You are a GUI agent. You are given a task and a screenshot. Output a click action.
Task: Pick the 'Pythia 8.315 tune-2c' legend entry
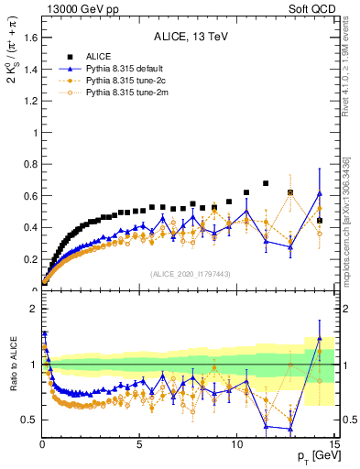[x=126, y=81]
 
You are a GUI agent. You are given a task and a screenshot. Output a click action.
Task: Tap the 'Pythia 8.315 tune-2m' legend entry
[x=126, y=93]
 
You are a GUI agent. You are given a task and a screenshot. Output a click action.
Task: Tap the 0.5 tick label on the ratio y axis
[x=27, y=420]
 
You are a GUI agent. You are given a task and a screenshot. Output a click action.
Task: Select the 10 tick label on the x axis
[x=235, y=444]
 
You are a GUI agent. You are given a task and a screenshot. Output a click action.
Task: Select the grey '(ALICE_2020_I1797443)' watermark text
[x=189, y=273]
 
